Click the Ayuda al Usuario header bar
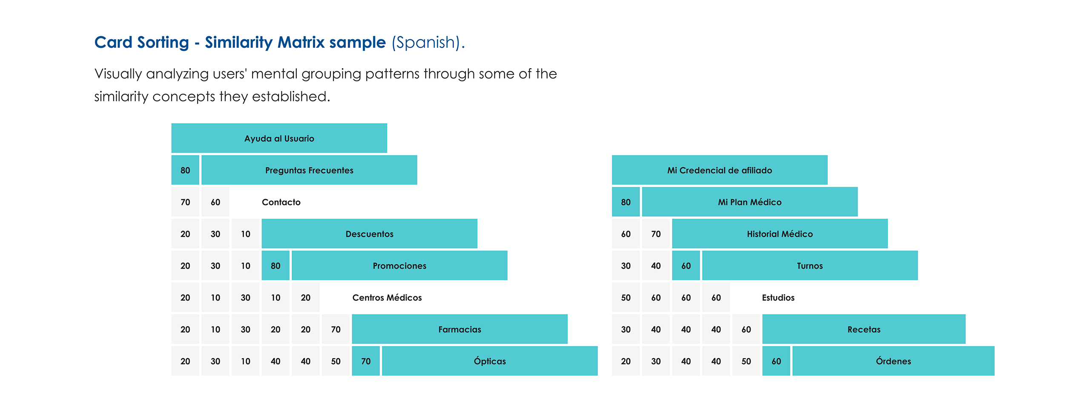pyautogui.click(x=279, y=138)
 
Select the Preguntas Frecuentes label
pyautogui.click(x=309, y=170)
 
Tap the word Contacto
pyautogui.click(x=281, y=202)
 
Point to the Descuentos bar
pyautogui.click(x=369, y=234)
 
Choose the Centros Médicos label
pyautogui.click(x=387, y=297)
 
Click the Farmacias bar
pyautogui.click(x=459, y=329)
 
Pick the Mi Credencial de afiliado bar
pyautogui.click(x=719, y=170)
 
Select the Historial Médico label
pyautogui.click(x=780, y=234)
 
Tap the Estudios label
pyautogui.click(x=778, y=297)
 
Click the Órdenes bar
pyautogui.click(x=893, y=361)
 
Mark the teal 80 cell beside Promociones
pyautogui.click(x=275, y=266)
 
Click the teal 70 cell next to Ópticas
pyautogui.click(x=366, y=361)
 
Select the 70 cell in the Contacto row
pyautogui.click(x=185, y=202)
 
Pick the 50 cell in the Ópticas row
pyautogui.click(x=336, y=361)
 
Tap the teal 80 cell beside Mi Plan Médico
pyautogui.click(x=625, y=202)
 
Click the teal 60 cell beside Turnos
pyautogui.click(x=686, y=266)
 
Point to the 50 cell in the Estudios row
pyautogui.click(x=625, y=297)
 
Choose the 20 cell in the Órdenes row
pyautogui.click(x=625, y=361)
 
